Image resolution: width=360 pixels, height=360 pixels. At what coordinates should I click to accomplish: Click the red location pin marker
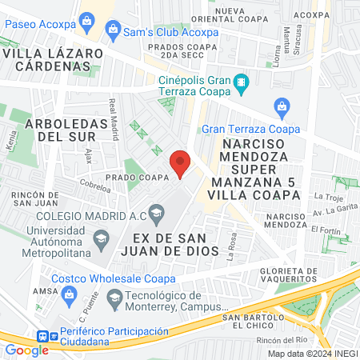(181, 163)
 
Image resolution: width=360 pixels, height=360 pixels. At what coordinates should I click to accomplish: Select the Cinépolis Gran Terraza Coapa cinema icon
(241, 82)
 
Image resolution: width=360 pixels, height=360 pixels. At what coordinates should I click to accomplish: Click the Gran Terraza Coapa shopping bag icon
(281, 106)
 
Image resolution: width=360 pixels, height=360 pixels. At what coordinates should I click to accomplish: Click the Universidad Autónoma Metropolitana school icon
(102, 238)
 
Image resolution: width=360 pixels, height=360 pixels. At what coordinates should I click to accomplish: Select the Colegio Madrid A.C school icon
(158, 212)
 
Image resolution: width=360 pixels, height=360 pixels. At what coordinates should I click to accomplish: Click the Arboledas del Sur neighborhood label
(66, 130)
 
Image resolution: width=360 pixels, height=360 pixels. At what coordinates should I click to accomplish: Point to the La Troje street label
(328, 196)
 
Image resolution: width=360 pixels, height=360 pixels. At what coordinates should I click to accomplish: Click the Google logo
(26, 350)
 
